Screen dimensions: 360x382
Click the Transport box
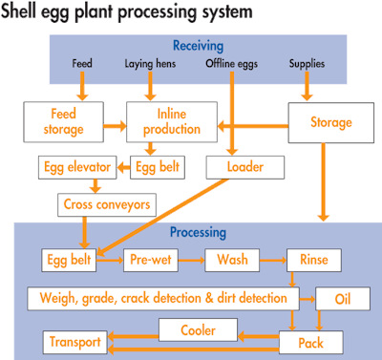point(72,340)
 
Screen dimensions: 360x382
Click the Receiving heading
point(198,44)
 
